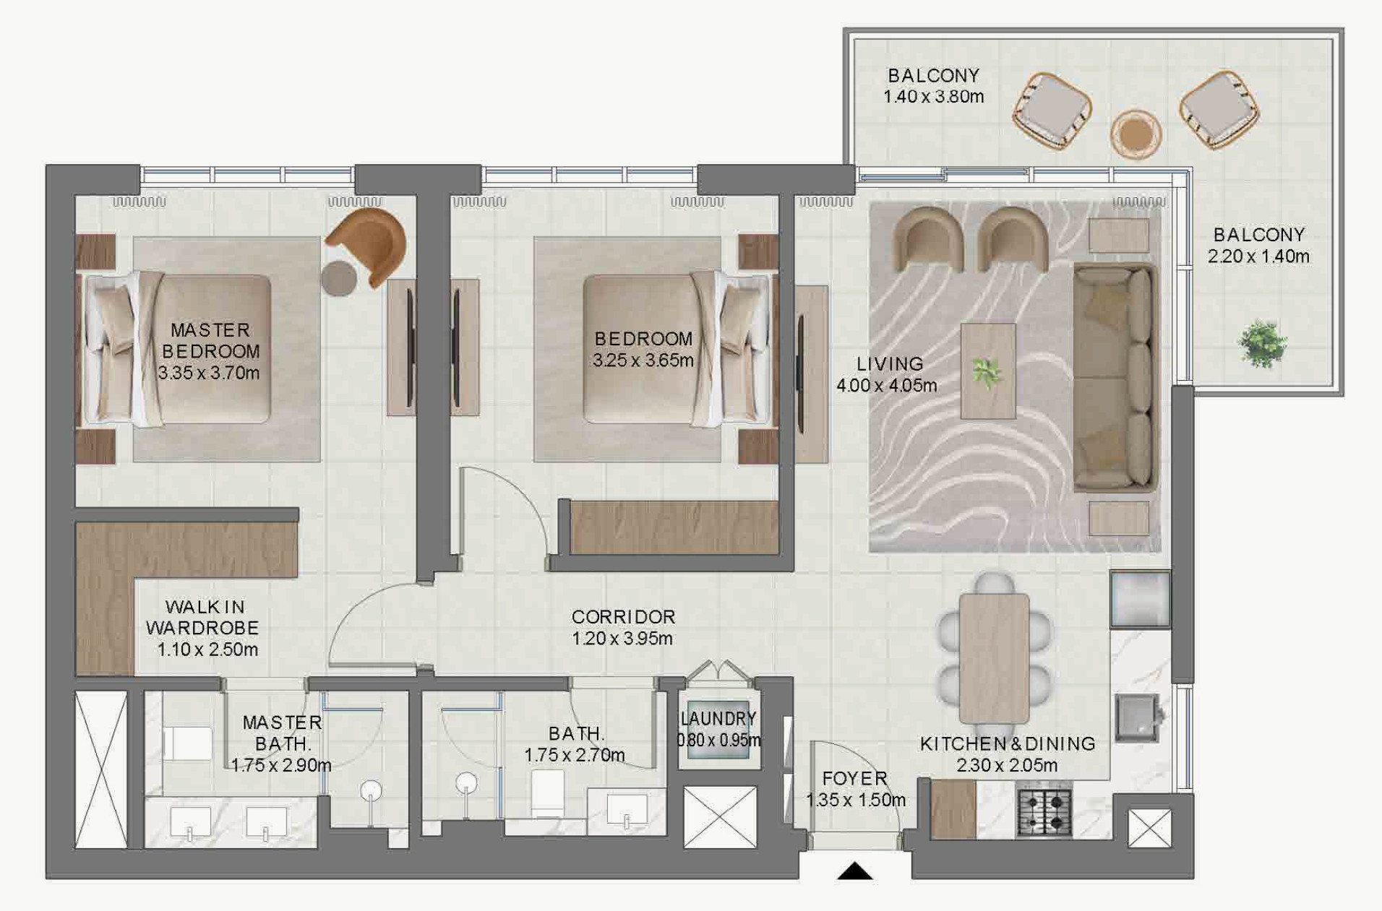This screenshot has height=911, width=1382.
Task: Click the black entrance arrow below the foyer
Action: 854,871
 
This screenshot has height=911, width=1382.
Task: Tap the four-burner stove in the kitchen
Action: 1044,813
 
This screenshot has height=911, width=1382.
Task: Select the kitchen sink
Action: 1137,719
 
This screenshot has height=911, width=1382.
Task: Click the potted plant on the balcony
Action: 1262,343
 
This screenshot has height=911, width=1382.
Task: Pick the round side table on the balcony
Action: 1135,134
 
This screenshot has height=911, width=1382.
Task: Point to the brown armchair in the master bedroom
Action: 369,246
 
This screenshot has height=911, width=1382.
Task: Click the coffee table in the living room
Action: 988,371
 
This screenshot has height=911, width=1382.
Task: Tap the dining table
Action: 994,658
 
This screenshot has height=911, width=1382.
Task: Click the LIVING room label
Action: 890,364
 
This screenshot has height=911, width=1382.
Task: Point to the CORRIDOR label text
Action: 623,617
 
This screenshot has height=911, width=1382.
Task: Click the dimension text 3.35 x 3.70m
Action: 209,373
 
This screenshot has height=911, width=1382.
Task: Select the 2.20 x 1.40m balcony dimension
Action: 1258,256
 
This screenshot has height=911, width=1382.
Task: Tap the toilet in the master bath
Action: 187,743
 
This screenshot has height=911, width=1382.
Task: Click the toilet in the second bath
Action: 548,793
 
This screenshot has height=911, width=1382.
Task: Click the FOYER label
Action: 855,778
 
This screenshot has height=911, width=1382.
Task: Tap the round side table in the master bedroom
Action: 339,278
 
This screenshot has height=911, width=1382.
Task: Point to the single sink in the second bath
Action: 627,808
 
